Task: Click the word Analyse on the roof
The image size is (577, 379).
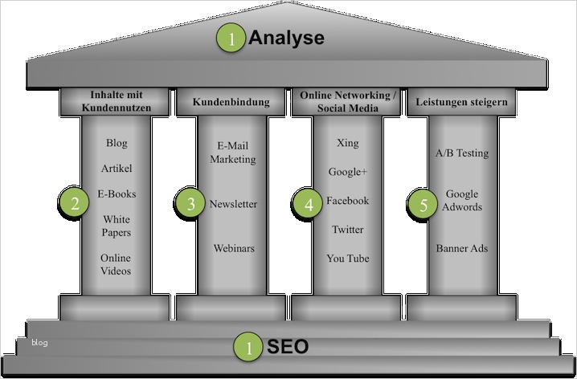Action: [286, 38]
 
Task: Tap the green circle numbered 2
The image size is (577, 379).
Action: [74, 203]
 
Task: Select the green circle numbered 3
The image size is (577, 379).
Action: [190, 204]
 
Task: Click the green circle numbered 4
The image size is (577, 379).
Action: [308, 204]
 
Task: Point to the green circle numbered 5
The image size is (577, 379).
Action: [423, 204]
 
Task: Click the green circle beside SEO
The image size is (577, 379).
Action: [248, 348]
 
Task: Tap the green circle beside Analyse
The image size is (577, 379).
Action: [232, 39]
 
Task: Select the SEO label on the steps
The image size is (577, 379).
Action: [287, 347]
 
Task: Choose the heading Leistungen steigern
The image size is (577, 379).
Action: [462, 102]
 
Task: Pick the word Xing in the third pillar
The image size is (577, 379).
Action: [348, 143]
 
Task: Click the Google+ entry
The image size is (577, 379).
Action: [347, 172]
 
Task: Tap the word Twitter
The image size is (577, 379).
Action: [348, 230]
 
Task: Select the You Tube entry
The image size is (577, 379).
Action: [348, 258]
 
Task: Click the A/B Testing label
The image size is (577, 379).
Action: [461, 153]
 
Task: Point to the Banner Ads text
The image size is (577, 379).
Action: [462, 248]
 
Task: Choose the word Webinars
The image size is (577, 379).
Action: [233, 248]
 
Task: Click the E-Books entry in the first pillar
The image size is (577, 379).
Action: [117, 194]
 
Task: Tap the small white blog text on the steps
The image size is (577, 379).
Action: [39, 343]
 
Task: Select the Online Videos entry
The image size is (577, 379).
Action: [116, 264]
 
